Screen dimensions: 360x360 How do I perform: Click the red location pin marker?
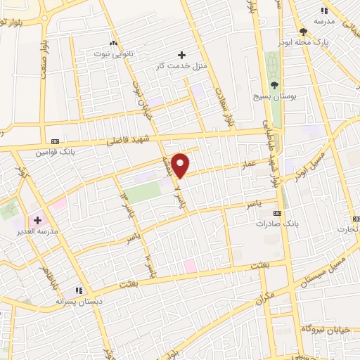[x=181, y=164]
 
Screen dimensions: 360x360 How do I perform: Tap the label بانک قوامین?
[x=55, y=151]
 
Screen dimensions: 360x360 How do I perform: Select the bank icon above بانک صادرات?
[x=278, y=212]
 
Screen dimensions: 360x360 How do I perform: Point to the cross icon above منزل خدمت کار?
[x=182, y=54]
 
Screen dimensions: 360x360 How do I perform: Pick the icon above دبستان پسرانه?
[x=79, y=290]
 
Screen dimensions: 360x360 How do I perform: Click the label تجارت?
[x=347, y=229]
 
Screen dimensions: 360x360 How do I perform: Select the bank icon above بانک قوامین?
[x=55, y=140]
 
